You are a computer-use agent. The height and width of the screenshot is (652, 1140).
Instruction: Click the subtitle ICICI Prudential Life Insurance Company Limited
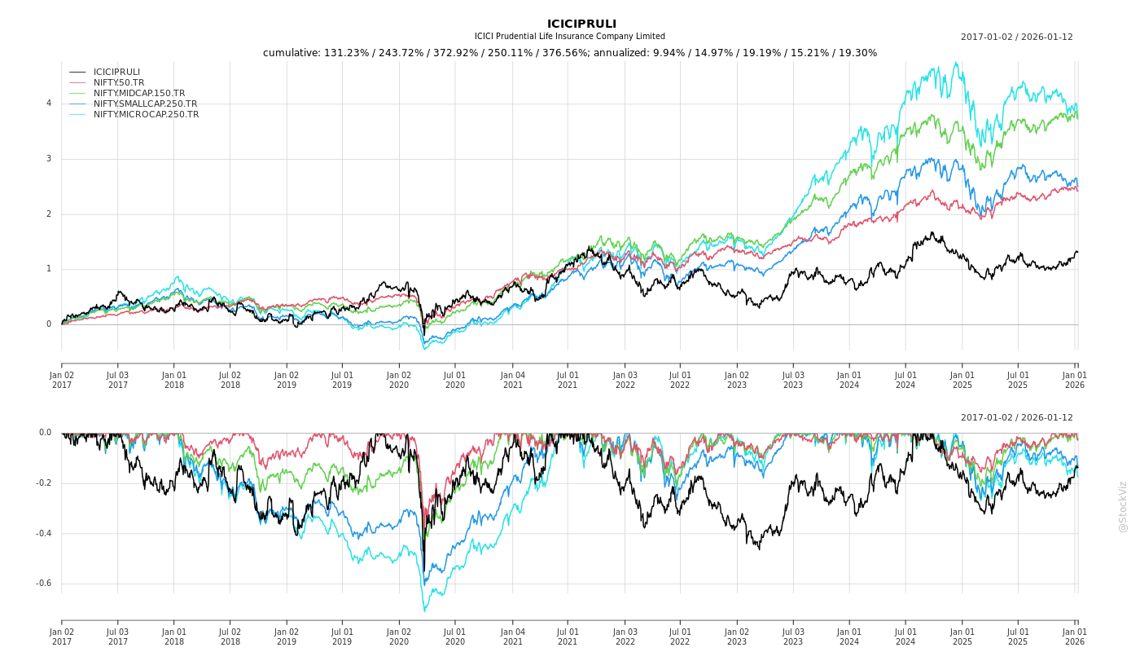[x=570, y=37]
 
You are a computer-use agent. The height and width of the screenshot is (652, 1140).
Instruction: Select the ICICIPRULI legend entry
[x=116, y=72]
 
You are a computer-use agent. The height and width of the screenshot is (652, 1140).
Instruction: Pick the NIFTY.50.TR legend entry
[x=119, y=82]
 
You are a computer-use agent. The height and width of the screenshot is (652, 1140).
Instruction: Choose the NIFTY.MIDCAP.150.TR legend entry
[x=139, y=93]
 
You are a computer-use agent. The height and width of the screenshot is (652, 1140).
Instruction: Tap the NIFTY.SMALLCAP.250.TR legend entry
[x=145, y=104]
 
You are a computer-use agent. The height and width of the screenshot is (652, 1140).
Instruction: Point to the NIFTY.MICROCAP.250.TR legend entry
[x=146, y=114]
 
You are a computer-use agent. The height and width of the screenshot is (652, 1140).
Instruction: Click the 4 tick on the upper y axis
[x=49, y=104]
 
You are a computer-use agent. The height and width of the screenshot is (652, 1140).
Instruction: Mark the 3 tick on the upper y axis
[x=49, y=159]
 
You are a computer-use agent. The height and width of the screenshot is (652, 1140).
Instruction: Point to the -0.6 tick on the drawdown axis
[x=44, y=584]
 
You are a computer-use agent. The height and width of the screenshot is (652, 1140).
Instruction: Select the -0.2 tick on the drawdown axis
[x=44, y=483]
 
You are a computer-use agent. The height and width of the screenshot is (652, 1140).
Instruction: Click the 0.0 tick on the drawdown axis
[x=45, y=433]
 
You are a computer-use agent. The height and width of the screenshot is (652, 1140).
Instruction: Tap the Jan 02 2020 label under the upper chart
[x=399, y=380]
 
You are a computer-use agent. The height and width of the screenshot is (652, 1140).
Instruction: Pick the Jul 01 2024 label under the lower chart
[x=905, y=637]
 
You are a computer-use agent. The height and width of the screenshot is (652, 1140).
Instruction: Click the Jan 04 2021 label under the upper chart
[x=513, y=380]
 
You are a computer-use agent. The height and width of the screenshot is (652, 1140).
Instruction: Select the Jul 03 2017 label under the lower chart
[x=118, y=637]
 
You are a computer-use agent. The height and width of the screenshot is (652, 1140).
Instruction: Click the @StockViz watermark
[x=1123, y=506]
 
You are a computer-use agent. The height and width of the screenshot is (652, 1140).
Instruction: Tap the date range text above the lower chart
[x=1016, y=417]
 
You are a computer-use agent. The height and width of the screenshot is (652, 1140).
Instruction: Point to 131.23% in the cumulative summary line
[x=345, y=53]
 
